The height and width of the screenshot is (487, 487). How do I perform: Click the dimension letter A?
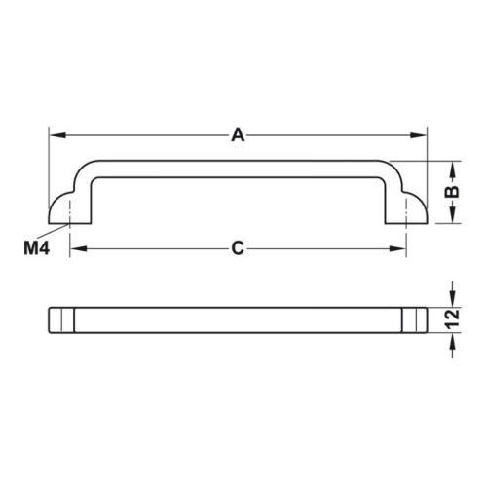point(238,135)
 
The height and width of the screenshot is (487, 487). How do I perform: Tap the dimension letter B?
point(451,192)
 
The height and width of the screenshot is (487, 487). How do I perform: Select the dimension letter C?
point(238,248)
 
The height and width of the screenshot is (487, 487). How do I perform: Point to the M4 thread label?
point(36,248)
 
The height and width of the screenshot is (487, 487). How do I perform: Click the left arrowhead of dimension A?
point(56,135)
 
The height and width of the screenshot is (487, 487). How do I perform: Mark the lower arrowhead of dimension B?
point(451,219)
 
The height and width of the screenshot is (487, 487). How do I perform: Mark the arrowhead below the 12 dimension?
point(451,340)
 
